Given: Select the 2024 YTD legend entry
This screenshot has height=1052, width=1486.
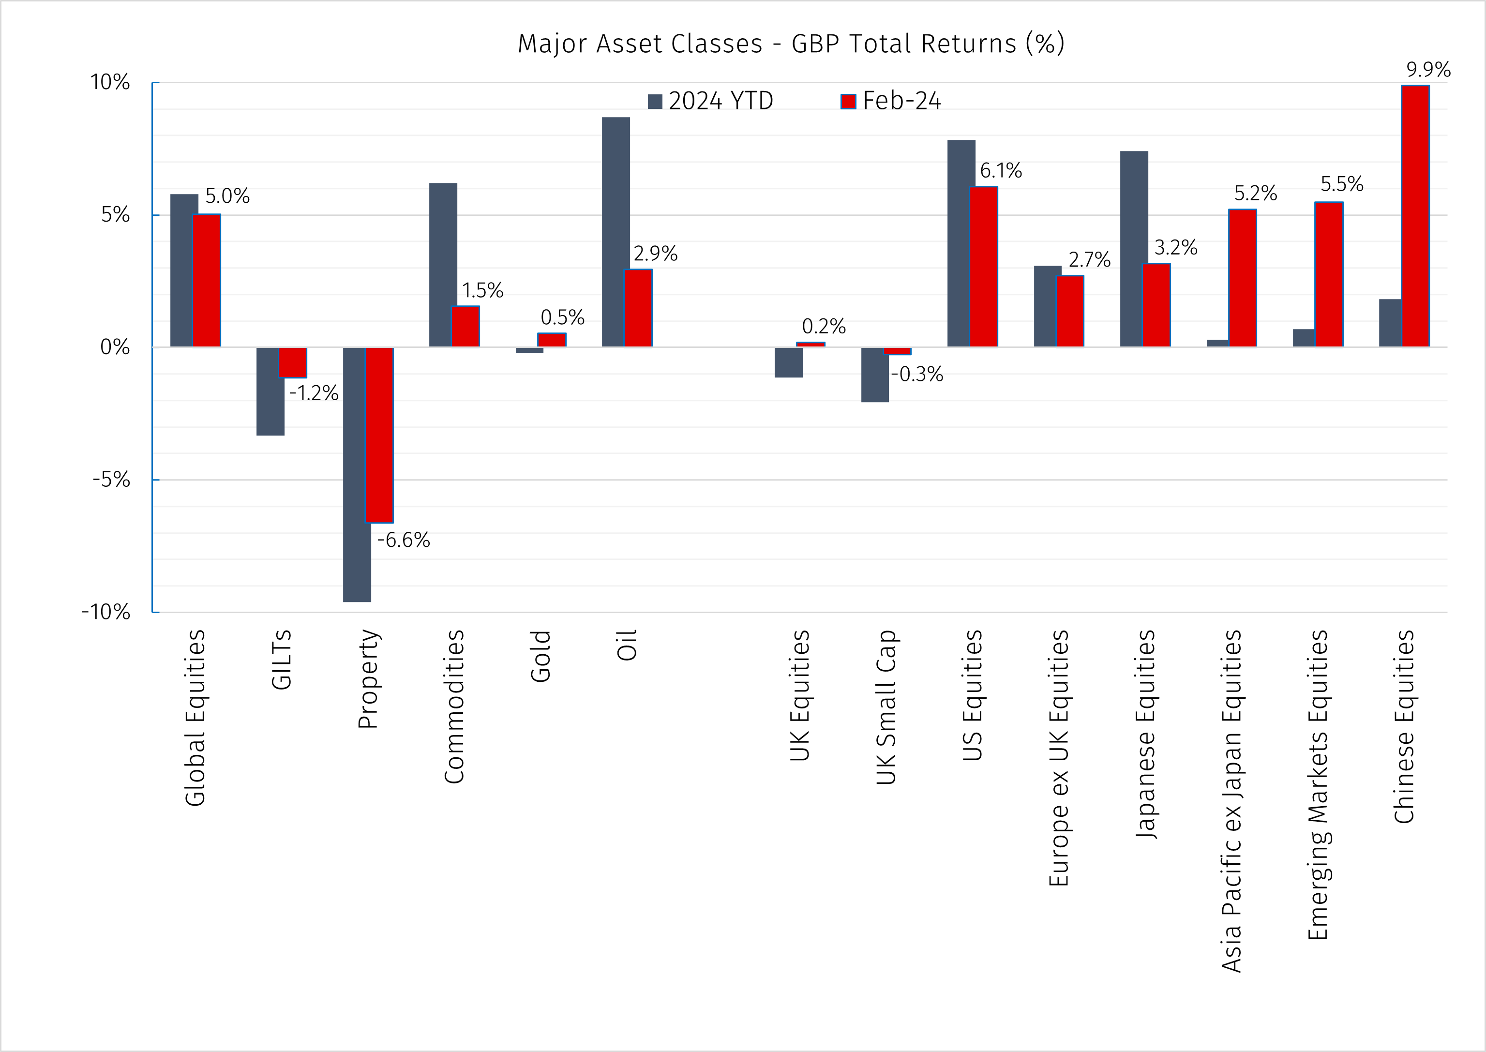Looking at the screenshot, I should pos(711,101).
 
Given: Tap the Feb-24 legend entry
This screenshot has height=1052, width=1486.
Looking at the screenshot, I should pos(891,101).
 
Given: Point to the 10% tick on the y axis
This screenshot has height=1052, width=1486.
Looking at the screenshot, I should pos(110,82).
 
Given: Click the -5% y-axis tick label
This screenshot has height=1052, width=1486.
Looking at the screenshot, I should pos(111,480).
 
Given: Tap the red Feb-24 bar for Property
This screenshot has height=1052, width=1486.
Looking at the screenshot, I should pos(379,435).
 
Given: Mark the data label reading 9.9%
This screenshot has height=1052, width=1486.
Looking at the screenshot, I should pos(1428,69).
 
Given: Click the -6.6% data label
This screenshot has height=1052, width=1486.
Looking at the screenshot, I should pos(403,540).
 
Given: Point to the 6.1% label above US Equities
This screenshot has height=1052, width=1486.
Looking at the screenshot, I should pos(1000,171).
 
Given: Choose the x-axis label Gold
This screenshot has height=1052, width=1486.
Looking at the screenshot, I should pos(540,656).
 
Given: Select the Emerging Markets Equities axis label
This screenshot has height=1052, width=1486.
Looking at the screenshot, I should pos(1318,784).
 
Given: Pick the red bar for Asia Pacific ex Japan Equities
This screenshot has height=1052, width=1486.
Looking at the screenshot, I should pos(1243,279).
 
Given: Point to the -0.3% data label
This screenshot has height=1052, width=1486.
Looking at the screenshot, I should pos(916,375).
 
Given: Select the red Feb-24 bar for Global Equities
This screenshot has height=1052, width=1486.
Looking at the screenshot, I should pos(207,281).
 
